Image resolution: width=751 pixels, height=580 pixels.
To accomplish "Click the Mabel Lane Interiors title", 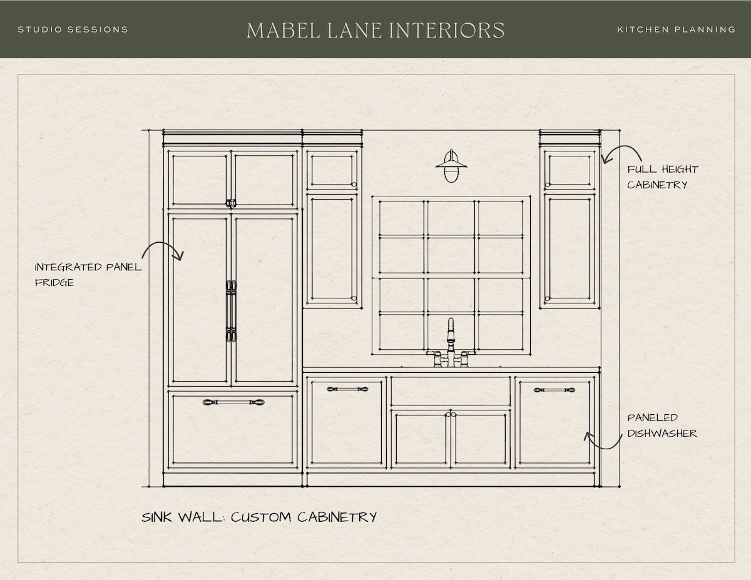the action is (375, 30).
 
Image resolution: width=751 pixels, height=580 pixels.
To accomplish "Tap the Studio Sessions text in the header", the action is (73, 29).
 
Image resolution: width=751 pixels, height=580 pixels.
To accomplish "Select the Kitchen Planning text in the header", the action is (677, 29).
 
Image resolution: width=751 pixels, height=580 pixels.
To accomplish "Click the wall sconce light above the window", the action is (451, 166).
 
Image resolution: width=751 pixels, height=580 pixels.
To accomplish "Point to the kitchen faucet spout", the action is (451, 332).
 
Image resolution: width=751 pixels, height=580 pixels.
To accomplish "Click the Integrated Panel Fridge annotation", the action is (88, 275).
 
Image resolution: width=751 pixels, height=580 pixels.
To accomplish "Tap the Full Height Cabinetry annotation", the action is (663, 177).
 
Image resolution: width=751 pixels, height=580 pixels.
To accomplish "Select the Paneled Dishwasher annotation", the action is (662, 425).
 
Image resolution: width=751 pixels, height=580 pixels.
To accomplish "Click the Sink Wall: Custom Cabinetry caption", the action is (259, 517).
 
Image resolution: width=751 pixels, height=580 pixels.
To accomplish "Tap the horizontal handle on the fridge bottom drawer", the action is (233, 402).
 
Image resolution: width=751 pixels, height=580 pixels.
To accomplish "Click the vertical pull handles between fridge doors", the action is (231, 311).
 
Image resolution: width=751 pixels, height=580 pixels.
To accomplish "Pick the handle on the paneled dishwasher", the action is (554, 390).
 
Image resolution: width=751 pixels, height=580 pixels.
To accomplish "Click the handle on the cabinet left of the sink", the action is (347, 389).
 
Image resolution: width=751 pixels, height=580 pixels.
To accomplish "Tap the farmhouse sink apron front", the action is (451, 391).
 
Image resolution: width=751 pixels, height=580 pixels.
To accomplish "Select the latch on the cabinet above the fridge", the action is (230, 203).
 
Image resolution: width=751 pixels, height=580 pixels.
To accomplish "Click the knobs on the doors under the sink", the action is (451, 414).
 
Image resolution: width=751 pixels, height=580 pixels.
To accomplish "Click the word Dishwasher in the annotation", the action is (662, 433).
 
